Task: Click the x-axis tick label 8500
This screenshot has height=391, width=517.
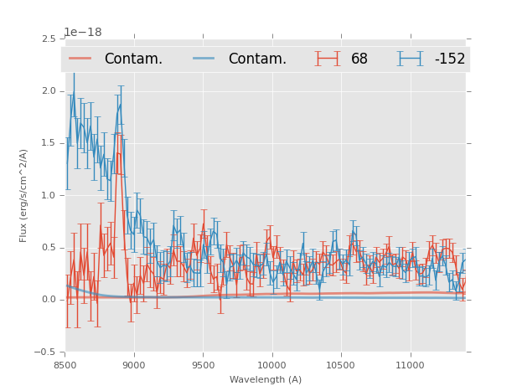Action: (65, 364)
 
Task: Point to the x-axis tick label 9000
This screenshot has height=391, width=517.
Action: (134, 364)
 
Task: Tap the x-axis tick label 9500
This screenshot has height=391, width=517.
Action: (203, 364)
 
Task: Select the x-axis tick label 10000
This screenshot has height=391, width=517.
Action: (271, 364)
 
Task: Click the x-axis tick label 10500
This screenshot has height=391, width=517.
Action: (340, 364)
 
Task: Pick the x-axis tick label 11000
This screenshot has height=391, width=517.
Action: (410, 364)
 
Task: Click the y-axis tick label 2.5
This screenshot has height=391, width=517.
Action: (49, 39)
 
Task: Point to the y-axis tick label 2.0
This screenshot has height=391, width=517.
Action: (49, 91)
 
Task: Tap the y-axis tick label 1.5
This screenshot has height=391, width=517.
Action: (49, 143)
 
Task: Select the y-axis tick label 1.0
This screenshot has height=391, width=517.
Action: (49, 196)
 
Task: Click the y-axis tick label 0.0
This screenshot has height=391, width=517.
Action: (49, 300)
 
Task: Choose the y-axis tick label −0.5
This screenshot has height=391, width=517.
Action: (46, 352)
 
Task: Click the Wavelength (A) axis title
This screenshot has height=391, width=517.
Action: (266, 379)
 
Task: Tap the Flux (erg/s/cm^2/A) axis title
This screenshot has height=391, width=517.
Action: (24, 195)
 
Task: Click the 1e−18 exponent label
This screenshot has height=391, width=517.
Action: (82, 33)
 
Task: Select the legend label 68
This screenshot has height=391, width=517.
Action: (359, 59)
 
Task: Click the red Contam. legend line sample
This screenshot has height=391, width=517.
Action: (80, 59)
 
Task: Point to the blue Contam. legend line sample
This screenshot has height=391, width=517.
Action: (204, 59)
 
